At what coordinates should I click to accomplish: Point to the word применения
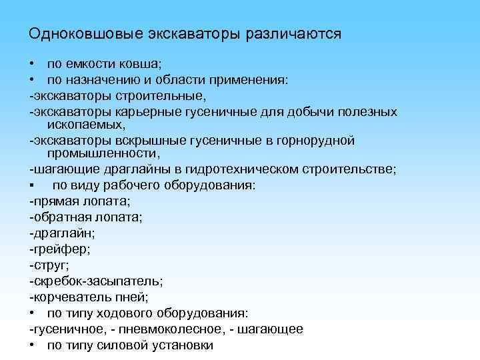click(x=247, y=80)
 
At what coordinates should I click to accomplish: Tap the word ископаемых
click(x=87, y=125)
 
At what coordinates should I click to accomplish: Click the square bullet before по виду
click(x=31, y=185)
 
